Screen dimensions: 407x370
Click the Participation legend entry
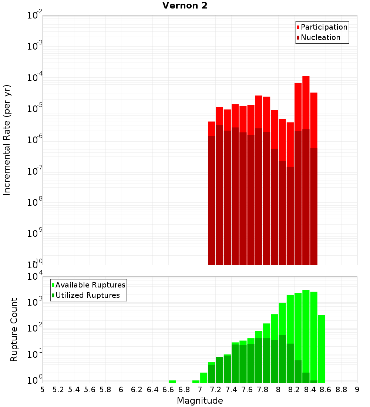(324, 27)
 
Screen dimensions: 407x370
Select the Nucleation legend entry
(320, 37)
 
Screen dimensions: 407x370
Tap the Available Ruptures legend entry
(90, 285)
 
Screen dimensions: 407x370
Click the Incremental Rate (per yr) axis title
(7, 140)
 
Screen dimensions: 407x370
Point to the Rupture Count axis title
(14, 330)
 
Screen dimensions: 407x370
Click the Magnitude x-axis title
(200, 401)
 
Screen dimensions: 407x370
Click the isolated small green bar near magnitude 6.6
(172, 381)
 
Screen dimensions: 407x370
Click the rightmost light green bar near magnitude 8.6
(322, 348)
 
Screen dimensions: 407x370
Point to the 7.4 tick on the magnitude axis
(231, 390)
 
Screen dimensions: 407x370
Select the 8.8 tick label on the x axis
(341, 390)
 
